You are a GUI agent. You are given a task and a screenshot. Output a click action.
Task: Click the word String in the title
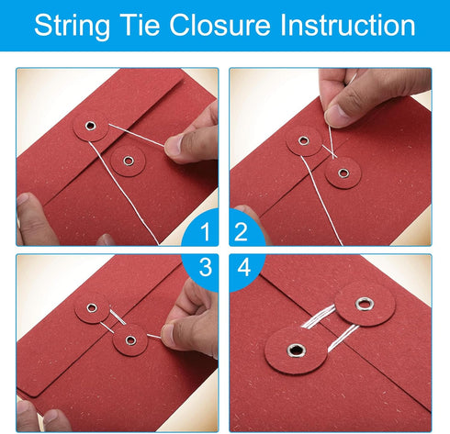pos(72,26)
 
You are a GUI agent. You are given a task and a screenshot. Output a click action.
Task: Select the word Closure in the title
pos(219,25)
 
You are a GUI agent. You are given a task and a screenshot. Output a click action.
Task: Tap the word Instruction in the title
pos(347,25)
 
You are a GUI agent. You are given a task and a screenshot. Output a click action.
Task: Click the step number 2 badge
pos(245,228)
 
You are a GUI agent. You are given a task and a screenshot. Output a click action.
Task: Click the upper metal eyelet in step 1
pos(91,126)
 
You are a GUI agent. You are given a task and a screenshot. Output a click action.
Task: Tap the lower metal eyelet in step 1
pos(129,161)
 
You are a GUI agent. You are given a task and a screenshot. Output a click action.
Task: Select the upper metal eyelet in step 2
pos(303,140)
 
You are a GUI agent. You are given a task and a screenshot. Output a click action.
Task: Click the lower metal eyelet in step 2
pos(343,173)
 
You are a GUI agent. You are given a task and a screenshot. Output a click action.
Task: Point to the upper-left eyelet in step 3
pos(92,308)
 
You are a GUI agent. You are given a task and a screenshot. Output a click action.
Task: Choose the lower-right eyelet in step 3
pos(131,340)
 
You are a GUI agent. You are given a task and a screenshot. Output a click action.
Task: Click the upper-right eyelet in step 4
pos(364,304)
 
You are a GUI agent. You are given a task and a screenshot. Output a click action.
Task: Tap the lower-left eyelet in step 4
pos(297,351)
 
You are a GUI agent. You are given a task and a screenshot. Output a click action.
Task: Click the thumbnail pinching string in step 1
pos(173,147)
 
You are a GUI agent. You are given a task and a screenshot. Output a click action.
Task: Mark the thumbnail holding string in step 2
pos(336,115)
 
